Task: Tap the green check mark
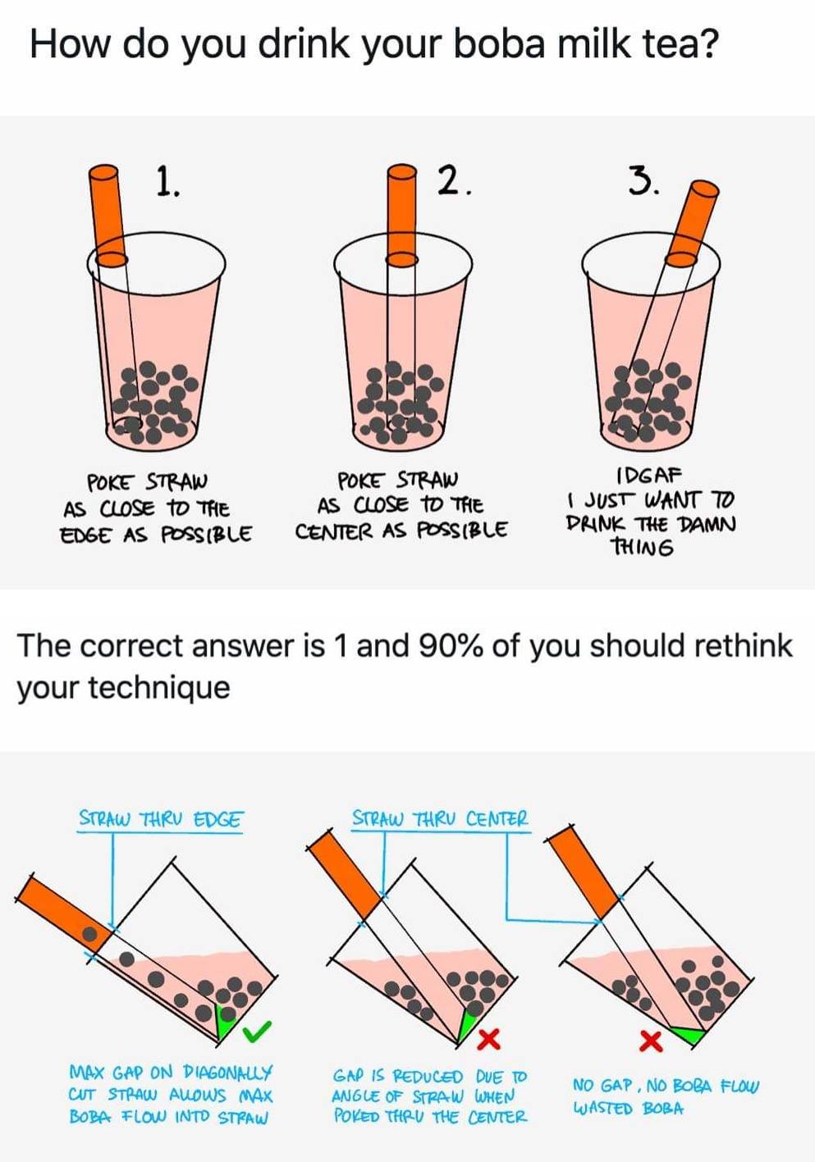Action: click(x=259, y=1031)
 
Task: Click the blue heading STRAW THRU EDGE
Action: click(x=161, y=819)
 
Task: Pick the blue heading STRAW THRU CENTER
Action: click(x=440, y=818)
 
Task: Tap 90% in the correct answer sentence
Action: click(x=451, y=646)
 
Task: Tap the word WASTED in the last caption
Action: click(x=604, y=1109)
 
